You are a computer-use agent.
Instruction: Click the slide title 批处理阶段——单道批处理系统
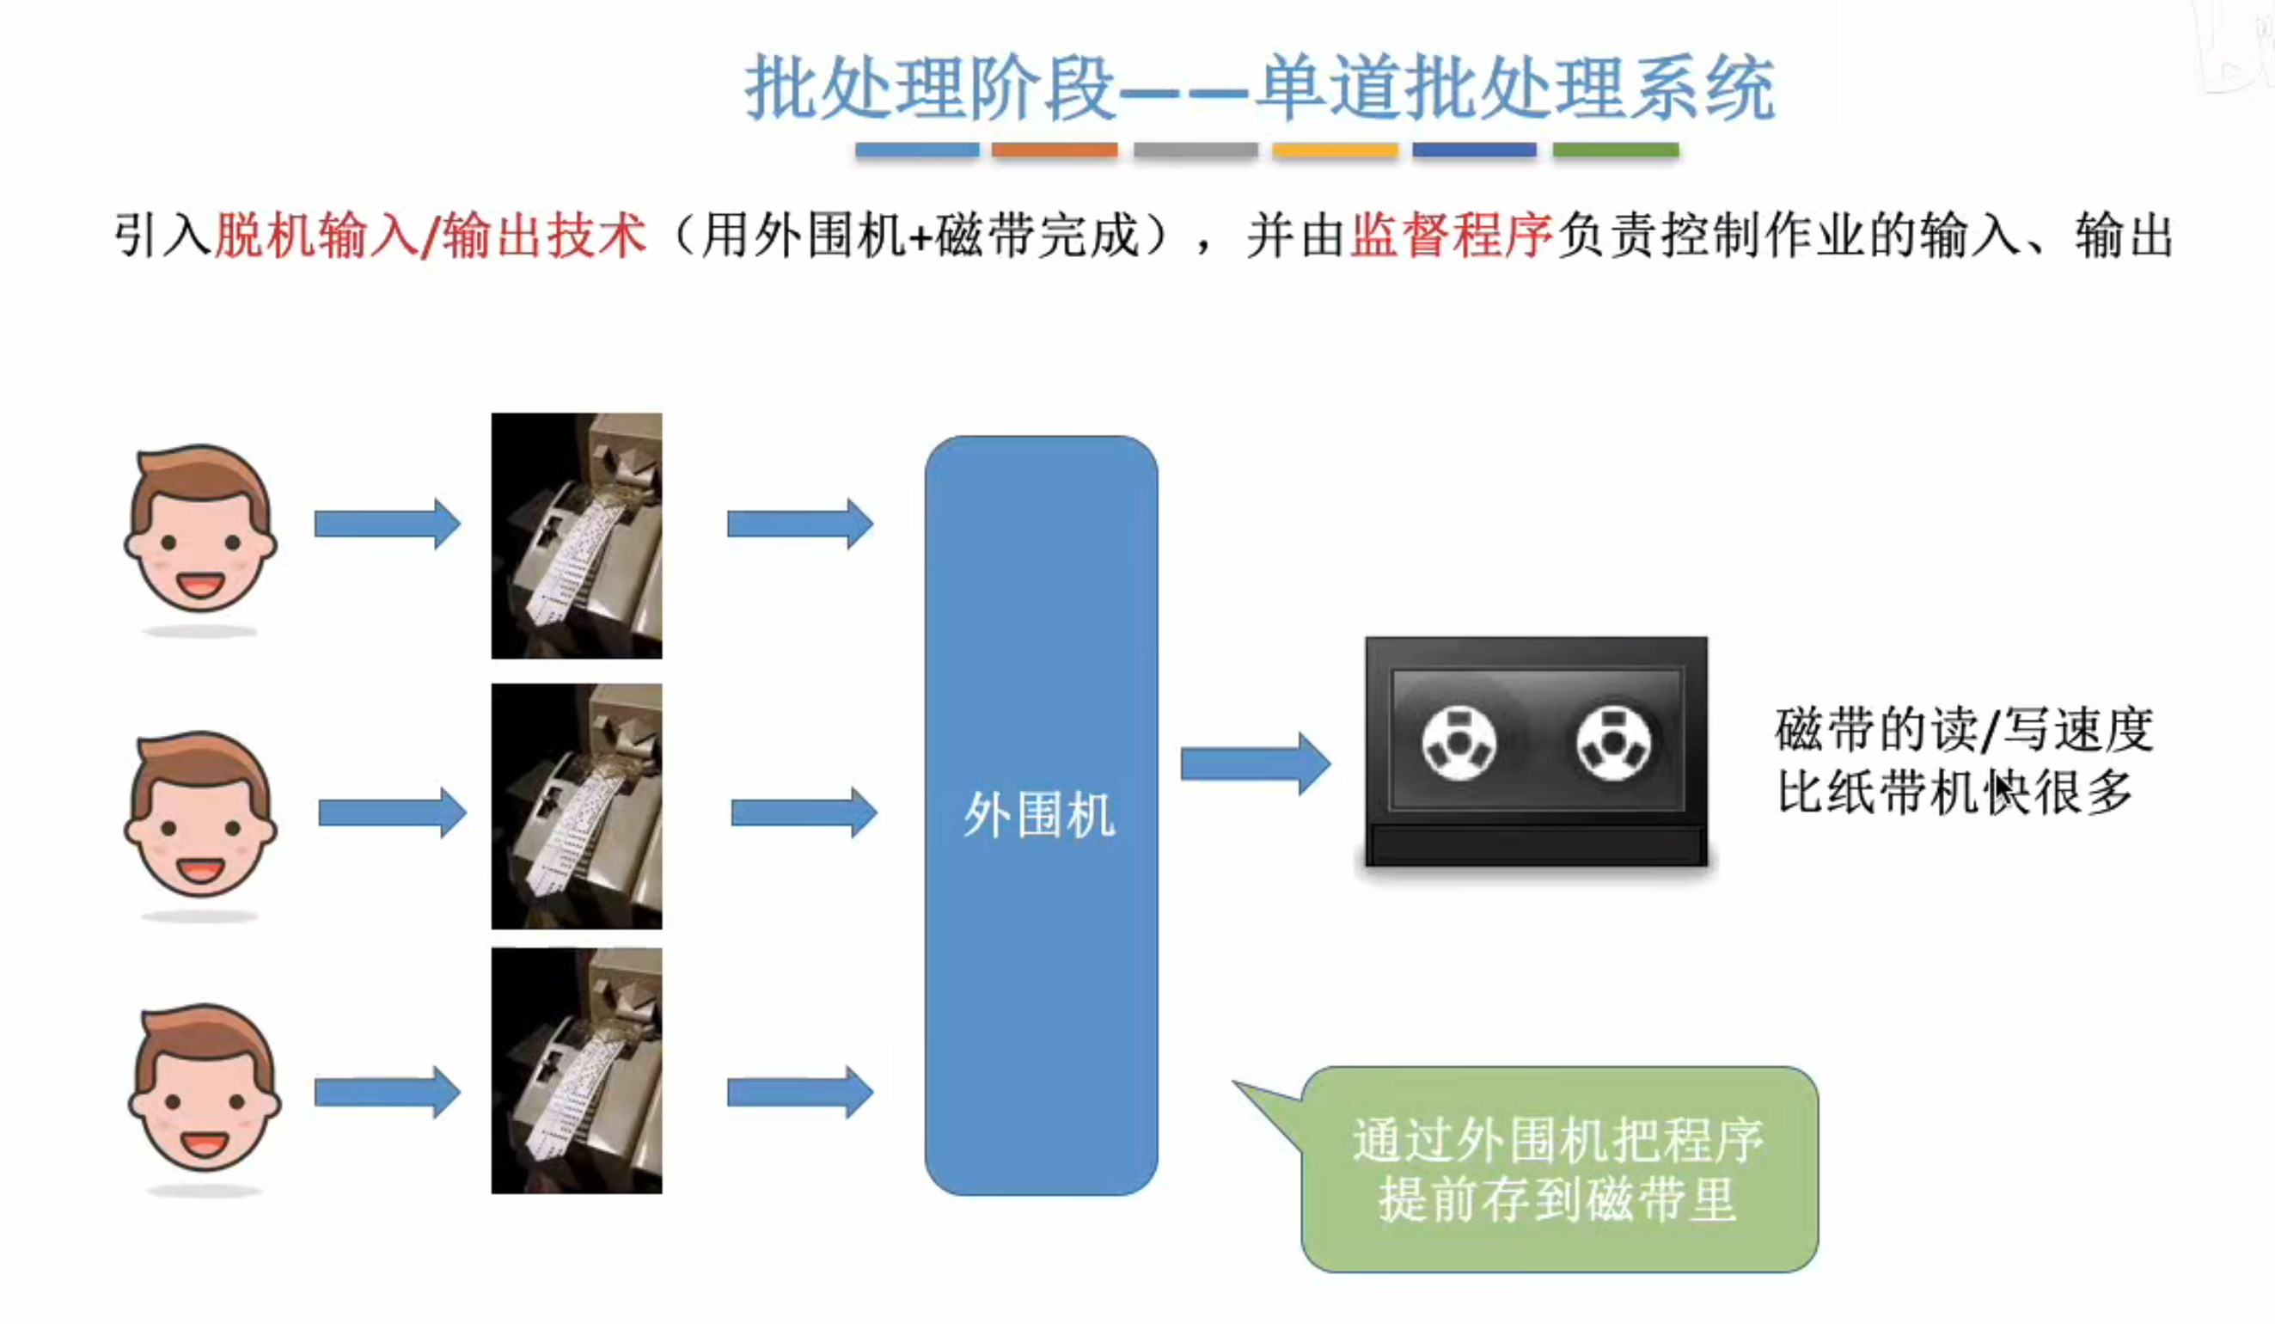(x=1259, y=88)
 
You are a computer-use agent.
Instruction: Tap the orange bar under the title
(x=1054, y=149)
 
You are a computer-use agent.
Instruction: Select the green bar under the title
(x=1615, y=149)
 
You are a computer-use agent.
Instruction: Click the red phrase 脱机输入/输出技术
(x=431, y=236)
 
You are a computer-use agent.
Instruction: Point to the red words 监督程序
(x=1450, y=236)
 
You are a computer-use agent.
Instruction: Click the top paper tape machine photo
(x=576, y=536)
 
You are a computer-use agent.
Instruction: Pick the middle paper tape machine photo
(x=576, y=806)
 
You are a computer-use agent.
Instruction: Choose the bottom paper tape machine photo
(x=576, y=1071)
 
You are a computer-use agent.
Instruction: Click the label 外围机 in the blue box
(x=1039, y=815)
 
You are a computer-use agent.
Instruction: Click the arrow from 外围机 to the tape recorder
(x=1254, y=764)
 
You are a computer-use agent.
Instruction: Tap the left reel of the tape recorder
(x=1459, y=744)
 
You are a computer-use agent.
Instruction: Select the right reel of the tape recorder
(x=1613, y=744)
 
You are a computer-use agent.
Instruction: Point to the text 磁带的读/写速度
(x=1964, y=730)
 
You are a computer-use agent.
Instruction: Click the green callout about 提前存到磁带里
(x=1559, y=1169)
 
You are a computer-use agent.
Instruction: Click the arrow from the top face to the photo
(x=387, y=524)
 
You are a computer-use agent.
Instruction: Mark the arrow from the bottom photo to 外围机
(x=799, y=1093)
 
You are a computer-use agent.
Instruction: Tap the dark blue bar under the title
(x=1474, y=149)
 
